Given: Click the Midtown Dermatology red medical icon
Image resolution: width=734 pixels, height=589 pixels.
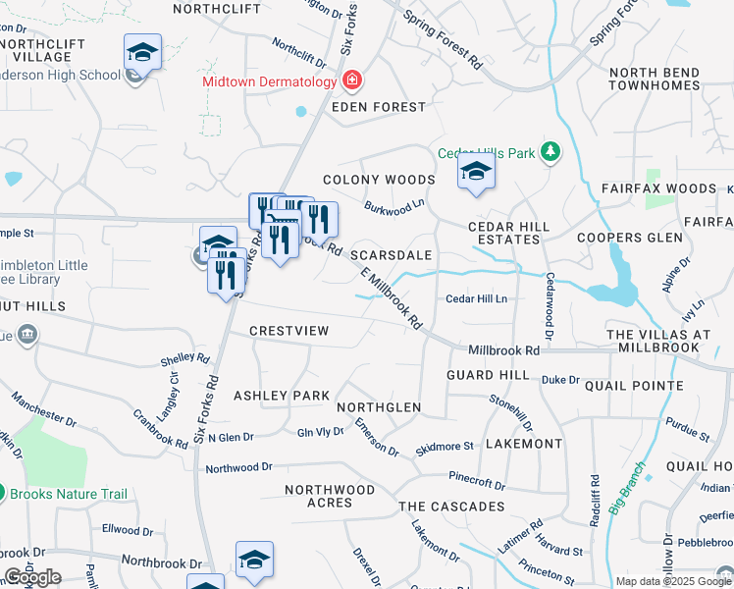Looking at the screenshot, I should (351, 80).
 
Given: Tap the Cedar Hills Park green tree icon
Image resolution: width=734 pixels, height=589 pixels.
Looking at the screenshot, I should (551, 152).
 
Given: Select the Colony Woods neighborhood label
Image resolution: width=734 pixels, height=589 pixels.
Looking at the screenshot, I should (379, 180).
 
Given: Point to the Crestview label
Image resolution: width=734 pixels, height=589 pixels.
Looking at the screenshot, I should (288, 331).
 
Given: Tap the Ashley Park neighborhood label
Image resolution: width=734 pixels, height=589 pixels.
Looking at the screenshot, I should (281, 396).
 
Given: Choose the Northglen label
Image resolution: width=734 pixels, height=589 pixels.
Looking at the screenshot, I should (379, 407).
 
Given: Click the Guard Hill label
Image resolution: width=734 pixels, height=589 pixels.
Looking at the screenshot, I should (488, 376).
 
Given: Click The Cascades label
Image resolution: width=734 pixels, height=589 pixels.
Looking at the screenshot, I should (451, 507).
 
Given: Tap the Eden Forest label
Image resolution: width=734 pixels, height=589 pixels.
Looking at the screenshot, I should (379, 106).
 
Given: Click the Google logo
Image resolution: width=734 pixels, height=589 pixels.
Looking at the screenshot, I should (32, 577).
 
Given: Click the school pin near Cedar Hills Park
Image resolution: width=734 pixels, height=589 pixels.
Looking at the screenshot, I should (476, 172).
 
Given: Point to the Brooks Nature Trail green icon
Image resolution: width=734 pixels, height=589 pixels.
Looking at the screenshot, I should (3, 493).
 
